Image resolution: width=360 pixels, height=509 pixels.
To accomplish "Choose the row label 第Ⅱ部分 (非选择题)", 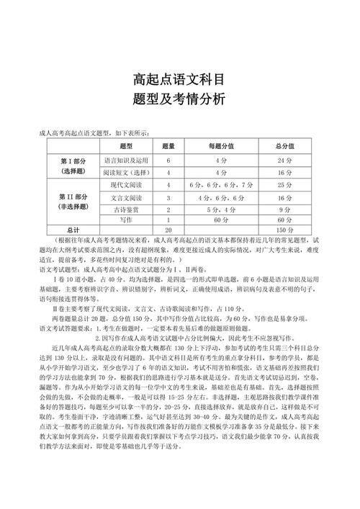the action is click(x=74, y=202).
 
